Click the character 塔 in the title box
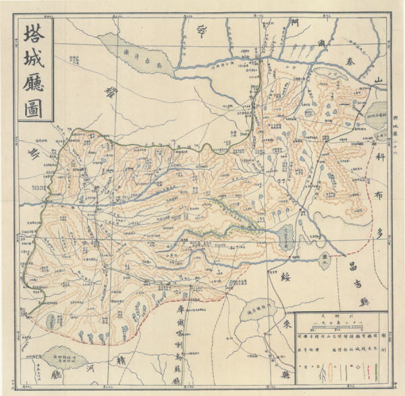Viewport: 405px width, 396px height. click(35, 37)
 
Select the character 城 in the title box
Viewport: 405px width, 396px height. click(35, 61)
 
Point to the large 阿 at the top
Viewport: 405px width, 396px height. click(294, 22)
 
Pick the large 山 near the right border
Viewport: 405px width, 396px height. click(379, 80)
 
